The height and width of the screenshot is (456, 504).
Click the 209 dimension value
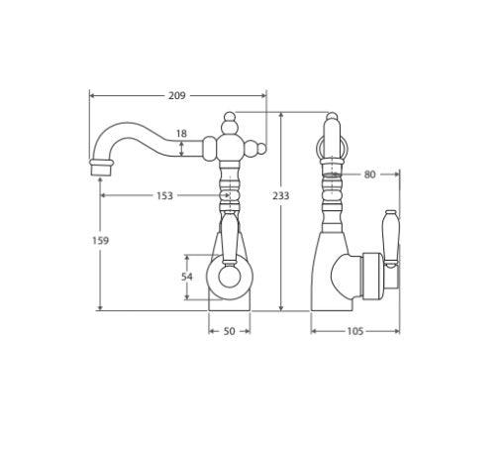click(177, 96)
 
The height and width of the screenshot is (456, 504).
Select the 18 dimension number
click(179, 133)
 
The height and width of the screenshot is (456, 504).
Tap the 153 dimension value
click(163, 196)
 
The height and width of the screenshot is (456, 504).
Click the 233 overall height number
click(281, 196)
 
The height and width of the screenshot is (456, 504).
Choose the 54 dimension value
click(186, 278)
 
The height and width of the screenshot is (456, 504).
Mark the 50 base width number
click(229, 331)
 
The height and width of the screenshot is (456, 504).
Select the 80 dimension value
click(369, 174)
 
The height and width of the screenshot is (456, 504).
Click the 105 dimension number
click(355, 331)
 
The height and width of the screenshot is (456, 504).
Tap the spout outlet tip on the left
click(99, 167)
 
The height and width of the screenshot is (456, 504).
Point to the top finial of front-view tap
click(229, 120)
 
